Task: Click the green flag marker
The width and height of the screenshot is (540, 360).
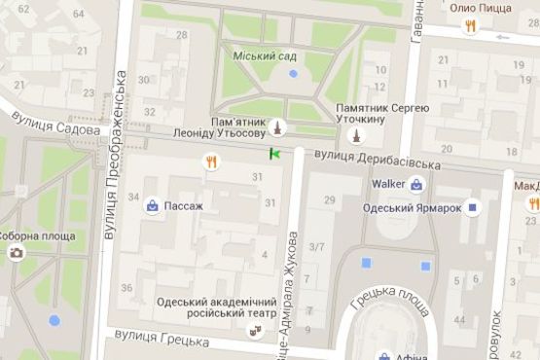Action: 275,153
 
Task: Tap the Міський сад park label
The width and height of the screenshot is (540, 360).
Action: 265,55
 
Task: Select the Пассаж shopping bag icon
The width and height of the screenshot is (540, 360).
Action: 153,206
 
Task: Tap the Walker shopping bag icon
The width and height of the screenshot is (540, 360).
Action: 416,183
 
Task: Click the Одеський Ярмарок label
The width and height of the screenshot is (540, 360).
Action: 410,207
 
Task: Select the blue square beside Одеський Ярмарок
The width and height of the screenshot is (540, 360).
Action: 473,207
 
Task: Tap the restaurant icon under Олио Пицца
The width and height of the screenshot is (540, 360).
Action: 470,26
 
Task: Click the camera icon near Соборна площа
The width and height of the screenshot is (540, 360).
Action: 17,254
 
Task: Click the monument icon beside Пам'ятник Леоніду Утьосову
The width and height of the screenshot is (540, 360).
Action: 277,127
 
